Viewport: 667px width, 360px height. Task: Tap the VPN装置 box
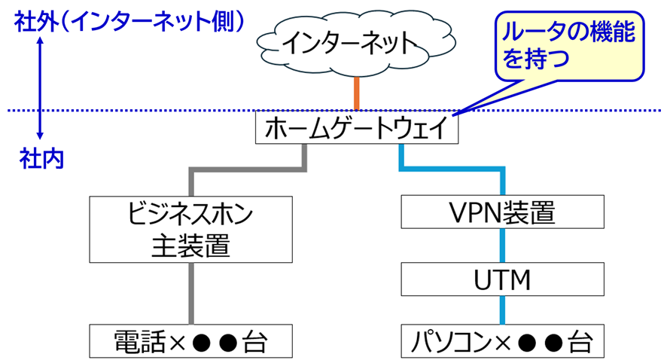[501, 213]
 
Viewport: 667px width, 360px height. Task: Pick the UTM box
[501, 280]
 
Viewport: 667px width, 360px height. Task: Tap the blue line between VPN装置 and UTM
[501, 246]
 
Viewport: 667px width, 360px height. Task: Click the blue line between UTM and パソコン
[501, 311]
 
